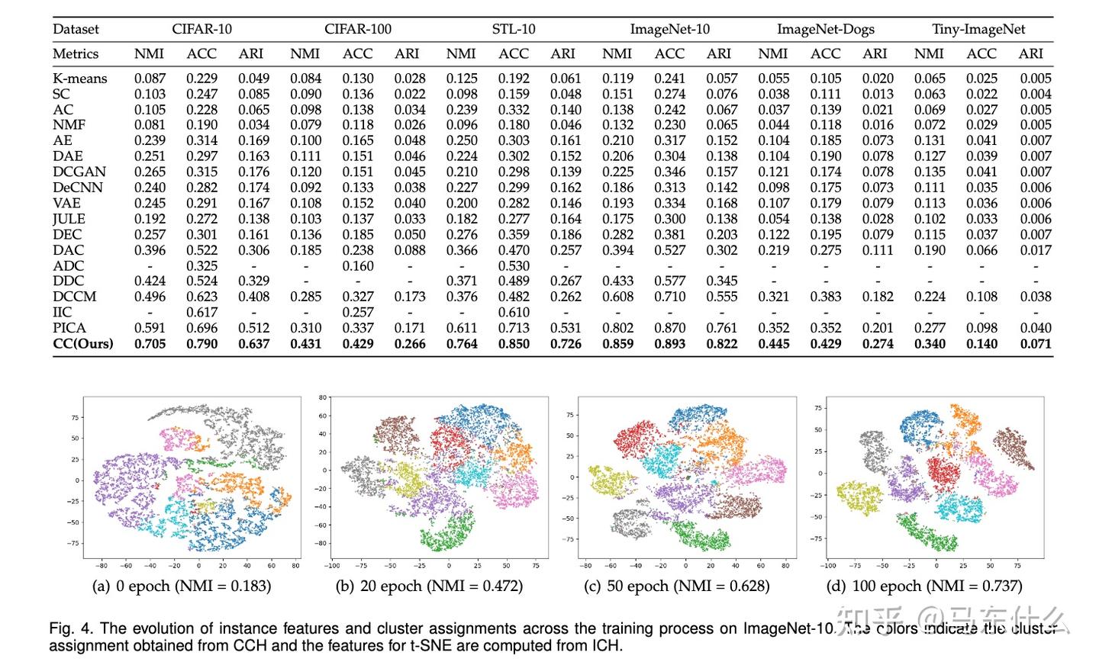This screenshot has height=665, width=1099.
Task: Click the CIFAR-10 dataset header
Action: (201, 30)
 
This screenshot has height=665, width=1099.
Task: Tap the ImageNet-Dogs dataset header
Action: (825, 30)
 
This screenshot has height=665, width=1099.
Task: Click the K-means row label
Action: (79, 79)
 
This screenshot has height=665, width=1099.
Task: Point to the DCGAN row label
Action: (79, 172)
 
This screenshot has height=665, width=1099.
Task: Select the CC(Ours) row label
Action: (82, 343)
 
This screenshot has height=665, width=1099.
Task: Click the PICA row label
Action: (69, 328)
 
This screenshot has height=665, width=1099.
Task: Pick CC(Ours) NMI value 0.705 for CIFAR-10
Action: (150, 343)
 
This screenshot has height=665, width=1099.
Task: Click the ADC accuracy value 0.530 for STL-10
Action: (514, 265)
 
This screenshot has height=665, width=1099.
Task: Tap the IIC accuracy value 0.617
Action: (201, 312)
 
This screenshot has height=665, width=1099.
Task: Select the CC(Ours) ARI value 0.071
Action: (1035, 343)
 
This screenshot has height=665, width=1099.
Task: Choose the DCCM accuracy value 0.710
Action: (669, 297)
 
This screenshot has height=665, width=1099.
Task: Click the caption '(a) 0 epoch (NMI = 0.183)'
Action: (181, 586)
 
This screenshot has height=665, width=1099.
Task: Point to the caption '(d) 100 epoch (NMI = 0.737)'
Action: (923, 586)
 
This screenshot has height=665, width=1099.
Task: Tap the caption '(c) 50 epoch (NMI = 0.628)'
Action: (676, 586)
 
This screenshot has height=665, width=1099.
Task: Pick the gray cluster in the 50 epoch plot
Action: (633, 522)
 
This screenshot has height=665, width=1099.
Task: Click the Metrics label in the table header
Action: (76, 54)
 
